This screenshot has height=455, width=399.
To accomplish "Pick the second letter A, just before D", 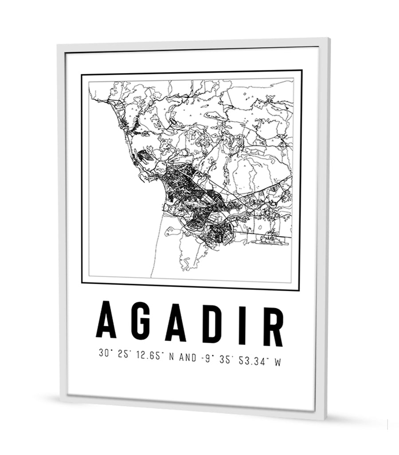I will pos(175,321).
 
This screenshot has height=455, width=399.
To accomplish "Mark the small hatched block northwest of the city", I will pos(145,156).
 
